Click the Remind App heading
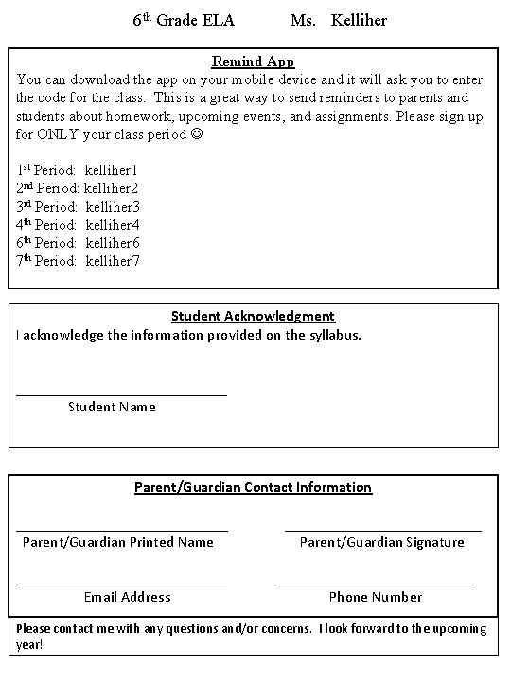(x=253, y=62)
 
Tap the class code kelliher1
(x=111, y=170)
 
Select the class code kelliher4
(x=112, y=225)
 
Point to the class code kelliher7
(x=112, y=261)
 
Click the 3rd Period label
(x=46, y=206)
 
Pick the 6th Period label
(x=46, y=243)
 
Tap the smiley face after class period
(x=195, y=134)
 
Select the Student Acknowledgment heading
(x=253, y=316)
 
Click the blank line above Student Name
(x=122, y=394)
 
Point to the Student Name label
(x=112, y=408)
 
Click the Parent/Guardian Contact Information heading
(x=253, y=487)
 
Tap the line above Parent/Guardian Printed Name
(x=122, y=530)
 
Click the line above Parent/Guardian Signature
(x=382, y=530)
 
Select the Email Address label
(x=128, y=597)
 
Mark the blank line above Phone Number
(x=376, y=585)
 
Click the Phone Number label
(x=376, y=597)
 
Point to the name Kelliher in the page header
(x=359, y=20)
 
